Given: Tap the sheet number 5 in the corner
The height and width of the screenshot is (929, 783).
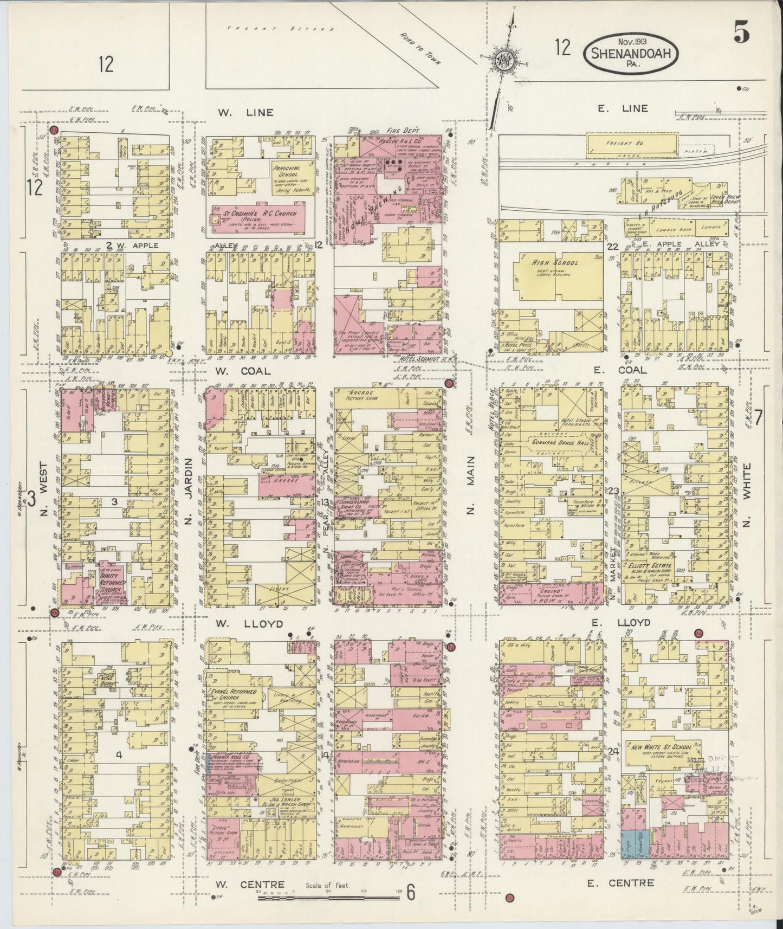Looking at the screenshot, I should tap(742, 34).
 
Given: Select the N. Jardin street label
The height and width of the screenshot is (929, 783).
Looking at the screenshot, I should tap(189, 491).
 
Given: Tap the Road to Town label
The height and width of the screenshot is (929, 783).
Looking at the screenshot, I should tap(420, 48).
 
